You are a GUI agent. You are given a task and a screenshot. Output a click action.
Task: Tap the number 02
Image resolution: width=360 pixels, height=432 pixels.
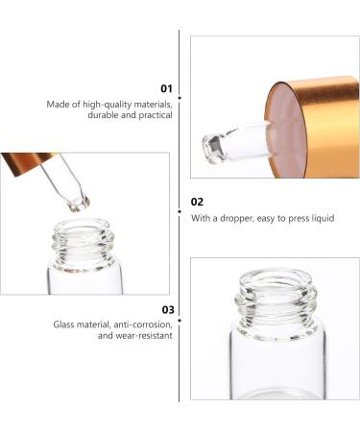[x=198, y=202]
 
